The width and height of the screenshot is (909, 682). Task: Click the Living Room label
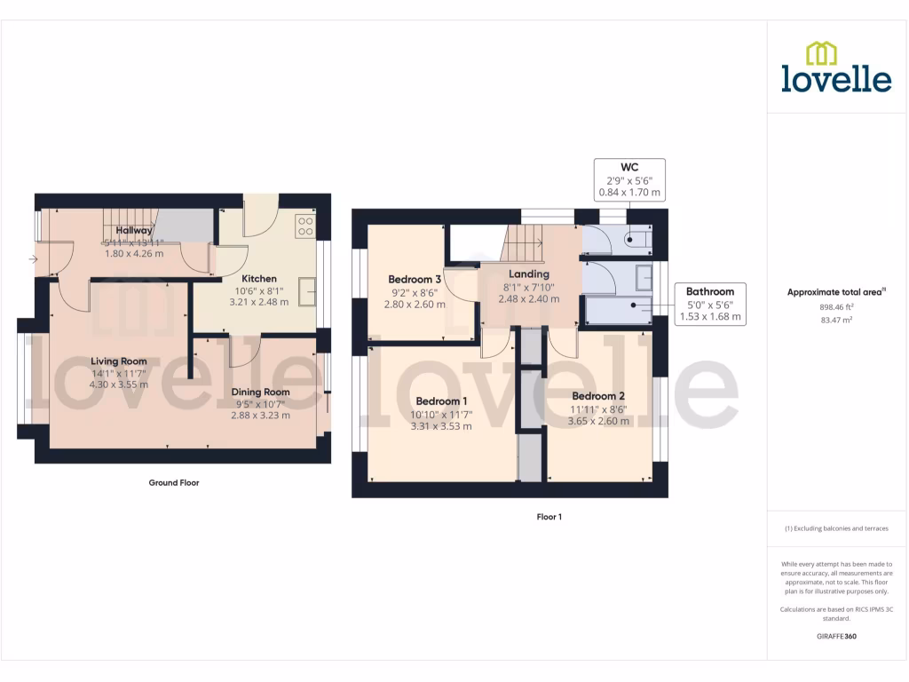(118, 361)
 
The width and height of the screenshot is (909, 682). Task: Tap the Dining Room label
(260, 392)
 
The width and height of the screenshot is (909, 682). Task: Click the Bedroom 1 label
(441, 400)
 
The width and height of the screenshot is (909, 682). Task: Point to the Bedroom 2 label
(598, 396)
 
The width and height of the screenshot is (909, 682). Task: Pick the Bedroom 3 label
(414, 279)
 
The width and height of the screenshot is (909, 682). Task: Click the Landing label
(529, 274)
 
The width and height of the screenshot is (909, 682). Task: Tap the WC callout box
(629, 179)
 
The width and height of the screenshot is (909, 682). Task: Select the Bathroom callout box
(710, 304)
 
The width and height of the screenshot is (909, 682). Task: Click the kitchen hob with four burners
(305, 226)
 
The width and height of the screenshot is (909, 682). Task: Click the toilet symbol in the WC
(636, 238)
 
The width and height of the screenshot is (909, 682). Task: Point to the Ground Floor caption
(174, 483)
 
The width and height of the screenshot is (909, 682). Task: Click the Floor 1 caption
(549, 516)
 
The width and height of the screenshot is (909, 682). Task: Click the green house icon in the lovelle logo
(821, 53)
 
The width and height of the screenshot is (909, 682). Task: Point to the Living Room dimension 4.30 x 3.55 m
(118, 385)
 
